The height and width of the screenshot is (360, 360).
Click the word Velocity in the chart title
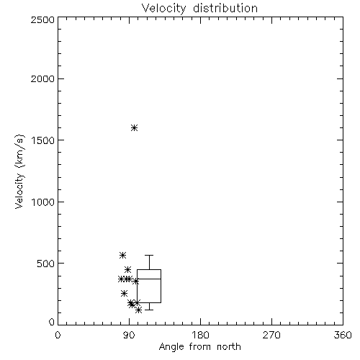tap(163, 9)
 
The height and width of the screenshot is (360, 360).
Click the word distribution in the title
tap(225, 8)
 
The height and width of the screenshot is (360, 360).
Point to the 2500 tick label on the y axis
tap(42, 19)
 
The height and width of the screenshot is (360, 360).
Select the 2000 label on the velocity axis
tap(42, 78)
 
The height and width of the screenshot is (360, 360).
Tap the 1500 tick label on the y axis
tap(43, 140)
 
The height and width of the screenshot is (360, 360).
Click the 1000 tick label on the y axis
tap(43, 202)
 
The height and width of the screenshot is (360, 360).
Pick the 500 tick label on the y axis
tap(46, 264)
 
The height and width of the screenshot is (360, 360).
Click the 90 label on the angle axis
tap(129, 335)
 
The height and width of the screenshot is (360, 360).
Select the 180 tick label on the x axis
tap(200, 335)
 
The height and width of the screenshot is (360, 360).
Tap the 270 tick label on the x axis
tap(271, 335)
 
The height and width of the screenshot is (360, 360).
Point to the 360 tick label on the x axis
tap(343, 335)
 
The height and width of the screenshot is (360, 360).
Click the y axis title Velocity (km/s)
tap(19, 171)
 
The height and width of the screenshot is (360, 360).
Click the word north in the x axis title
tap(229, 347)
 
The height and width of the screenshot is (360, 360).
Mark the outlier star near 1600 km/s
tap(135, 127)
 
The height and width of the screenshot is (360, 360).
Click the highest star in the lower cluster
tap(122, 255)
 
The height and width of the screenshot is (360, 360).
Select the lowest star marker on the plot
tap(138, 310)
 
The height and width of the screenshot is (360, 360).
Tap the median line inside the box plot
tap(149, 279)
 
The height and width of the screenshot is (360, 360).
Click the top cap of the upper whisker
tap(149, 256)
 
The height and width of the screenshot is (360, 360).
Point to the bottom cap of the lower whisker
tap(149, 310)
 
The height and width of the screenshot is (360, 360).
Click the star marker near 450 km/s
tap(128, 269)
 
